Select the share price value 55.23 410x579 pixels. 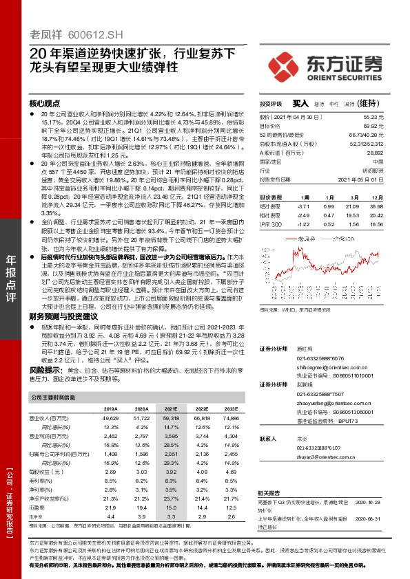point(391,118)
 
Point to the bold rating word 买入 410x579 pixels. point(300,102)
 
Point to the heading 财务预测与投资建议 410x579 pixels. point(65,316)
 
